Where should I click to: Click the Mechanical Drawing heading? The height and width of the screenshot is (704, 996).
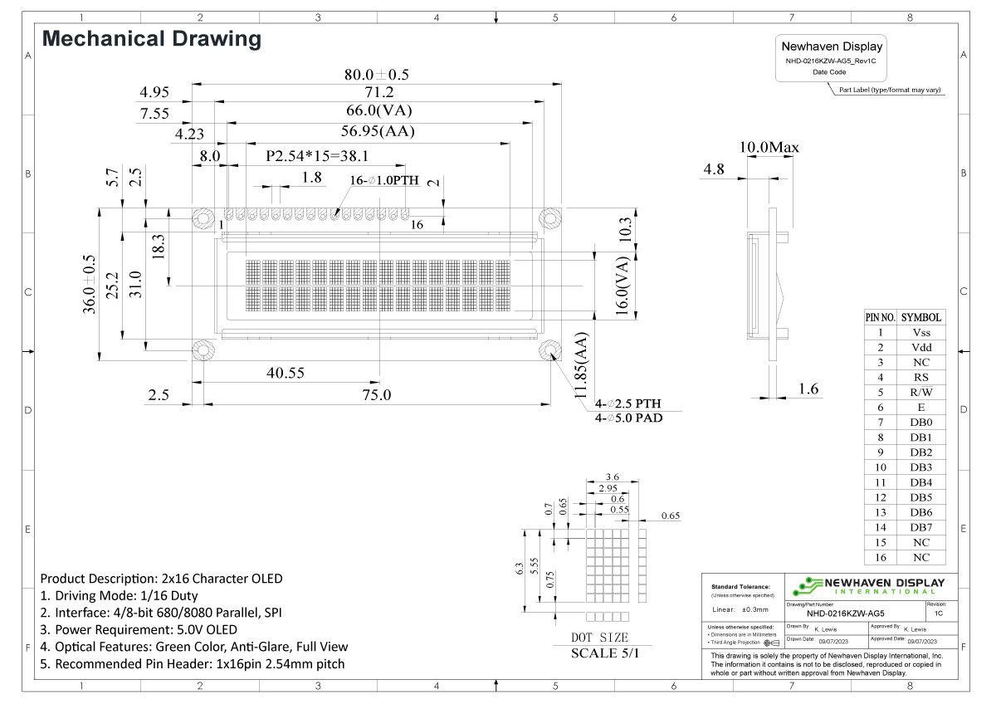coord(151,38)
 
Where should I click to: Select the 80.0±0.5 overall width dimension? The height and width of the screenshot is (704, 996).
coord(376,74)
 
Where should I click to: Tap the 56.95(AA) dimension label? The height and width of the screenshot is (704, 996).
coord(378,131)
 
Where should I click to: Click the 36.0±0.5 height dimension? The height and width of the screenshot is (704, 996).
coord(90,284)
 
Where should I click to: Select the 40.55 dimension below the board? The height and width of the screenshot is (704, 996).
coord(285,373)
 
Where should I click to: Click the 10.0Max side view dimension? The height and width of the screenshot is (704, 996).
coord(769,148)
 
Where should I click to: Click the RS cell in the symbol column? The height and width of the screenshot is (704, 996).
coord(920,377)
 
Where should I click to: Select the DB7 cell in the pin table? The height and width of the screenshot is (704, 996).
coord(920,527)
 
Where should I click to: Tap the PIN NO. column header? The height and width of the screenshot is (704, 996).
coord(880,317)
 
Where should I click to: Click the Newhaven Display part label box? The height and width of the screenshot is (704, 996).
coord(832,58)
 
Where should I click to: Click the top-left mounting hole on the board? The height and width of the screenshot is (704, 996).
coord(203,218)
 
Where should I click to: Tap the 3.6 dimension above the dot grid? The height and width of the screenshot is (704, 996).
coord(613,477)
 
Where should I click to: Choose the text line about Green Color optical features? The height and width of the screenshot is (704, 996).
coord(194,646)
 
